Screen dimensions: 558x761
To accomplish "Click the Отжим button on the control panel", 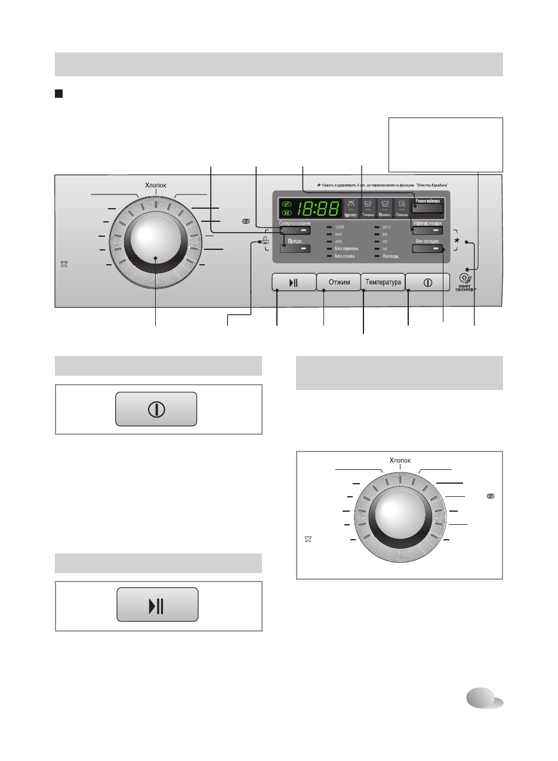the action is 338,281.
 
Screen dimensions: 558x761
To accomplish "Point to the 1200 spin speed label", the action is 340,228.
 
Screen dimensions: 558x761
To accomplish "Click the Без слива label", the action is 345,256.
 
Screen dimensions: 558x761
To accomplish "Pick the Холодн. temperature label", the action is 390,256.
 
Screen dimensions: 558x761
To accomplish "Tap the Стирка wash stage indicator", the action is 368,208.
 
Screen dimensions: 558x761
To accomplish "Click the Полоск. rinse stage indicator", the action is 385,208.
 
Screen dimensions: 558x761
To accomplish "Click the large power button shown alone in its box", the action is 156,409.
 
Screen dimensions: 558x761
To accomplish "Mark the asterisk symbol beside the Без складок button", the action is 458,241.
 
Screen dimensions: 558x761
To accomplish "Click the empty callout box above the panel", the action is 445,144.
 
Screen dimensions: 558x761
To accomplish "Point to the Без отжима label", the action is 346,249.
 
